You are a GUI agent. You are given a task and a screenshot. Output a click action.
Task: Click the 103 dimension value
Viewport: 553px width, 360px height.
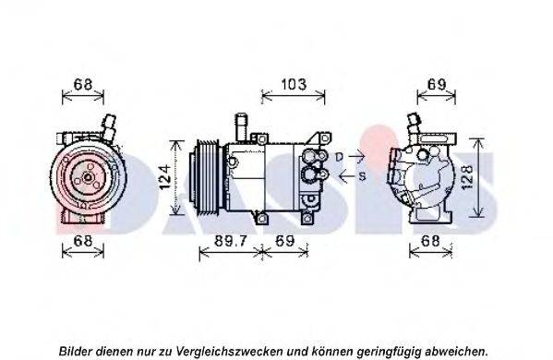(x=294, y=85)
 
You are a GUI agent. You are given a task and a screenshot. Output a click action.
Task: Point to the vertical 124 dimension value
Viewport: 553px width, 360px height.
(x=165, y=177)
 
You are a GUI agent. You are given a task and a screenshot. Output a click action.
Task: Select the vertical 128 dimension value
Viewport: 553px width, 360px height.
(x=467, y=177)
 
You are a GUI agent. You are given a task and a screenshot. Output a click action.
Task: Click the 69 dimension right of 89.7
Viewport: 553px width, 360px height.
(x=285, y=241)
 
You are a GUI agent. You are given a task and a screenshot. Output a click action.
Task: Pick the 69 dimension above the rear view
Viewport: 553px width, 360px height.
(x=437, y=85)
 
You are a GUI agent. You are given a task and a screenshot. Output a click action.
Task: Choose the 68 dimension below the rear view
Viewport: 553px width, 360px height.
(x=430, y=241)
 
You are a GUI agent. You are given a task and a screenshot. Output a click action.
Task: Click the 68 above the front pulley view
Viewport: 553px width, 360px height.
(x=83, y=85)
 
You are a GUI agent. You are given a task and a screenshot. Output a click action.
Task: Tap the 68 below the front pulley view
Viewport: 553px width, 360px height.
(x=83, y=241)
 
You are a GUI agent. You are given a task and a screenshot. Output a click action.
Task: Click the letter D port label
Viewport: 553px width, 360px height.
(x=339, y=157)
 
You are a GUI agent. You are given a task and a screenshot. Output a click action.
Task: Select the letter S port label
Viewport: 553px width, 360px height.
(x=362, y=176)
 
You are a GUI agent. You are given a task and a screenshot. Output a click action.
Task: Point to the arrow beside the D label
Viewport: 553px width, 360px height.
(x=355, y=155)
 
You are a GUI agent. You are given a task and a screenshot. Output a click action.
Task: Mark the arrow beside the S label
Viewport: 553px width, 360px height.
(x=347, y=176)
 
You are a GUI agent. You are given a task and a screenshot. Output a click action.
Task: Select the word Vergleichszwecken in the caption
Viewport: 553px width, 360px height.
(x=229, y=352)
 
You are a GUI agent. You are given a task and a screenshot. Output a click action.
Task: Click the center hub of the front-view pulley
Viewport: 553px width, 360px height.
(x=87, y=178)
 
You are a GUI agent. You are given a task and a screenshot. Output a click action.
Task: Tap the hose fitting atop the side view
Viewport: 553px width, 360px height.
(x=242, y=127)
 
